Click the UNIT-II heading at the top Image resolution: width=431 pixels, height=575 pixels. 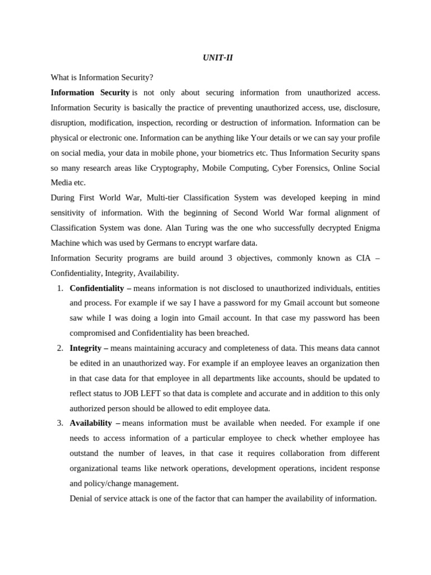coord(217,58)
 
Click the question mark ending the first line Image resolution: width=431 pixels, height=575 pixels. coord(151,77)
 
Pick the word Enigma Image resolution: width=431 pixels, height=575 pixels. coord(365,228)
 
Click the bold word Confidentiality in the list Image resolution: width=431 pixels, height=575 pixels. coord(97,288)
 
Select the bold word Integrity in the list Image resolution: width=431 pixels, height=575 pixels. coord(86,348)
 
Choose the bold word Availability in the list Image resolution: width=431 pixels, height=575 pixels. coord(91,423)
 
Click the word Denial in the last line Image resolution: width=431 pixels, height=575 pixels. coord(82,499)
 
